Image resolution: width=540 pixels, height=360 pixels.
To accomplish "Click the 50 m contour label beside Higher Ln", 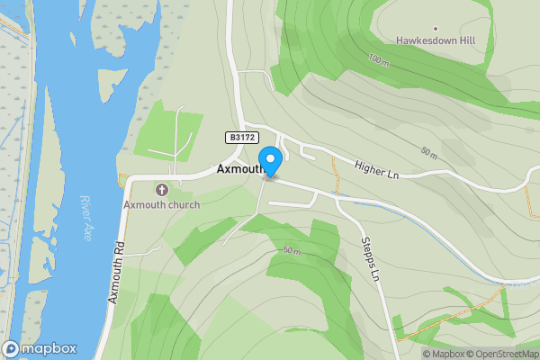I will pos(428,154).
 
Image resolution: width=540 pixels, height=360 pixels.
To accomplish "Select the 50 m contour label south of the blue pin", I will pos(290,249).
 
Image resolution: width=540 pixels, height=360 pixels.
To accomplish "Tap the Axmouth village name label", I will pos(238,168).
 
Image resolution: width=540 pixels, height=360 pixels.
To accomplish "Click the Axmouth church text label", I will pos(162,204).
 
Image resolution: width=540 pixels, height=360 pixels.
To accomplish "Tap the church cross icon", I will pos(162,190).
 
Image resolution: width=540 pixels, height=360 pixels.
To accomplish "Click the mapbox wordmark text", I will pos(49,349).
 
